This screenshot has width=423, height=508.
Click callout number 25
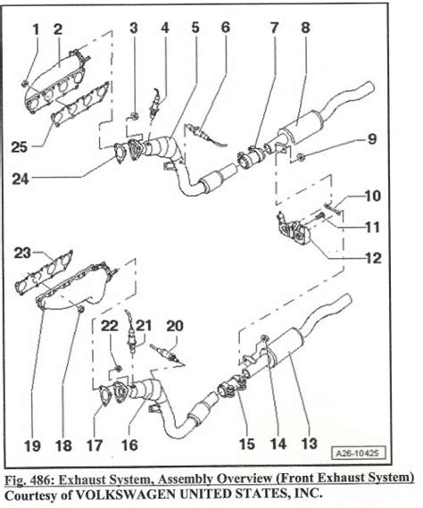click(x=19, y=147)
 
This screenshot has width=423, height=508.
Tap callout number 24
click(x=21, y=179)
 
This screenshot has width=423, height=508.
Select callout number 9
click(x=372, y=139)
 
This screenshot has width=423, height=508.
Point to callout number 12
click(x=373, y=258)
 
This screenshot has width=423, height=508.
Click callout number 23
click(x=22, y=253)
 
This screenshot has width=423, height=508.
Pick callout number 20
click(x=175, y=326)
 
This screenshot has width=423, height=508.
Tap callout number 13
click(x=309, y=443)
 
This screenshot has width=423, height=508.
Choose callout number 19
click(x=32, y=446)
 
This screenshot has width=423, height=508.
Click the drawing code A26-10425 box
click(x=360, y=453)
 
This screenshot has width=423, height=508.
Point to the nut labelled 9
click(x=300, y=157)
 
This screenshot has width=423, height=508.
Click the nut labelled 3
click(x=135, y=116)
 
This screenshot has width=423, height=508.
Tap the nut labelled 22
click(x=118, y=369)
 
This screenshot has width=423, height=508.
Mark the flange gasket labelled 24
click(x=120, y=154)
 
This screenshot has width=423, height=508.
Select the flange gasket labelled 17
click(x=104, y=396)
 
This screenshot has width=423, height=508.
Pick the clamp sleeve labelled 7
click(x=252, y=156)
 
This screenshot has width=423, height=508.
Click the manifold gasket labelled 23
click(x=44, y=271)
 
